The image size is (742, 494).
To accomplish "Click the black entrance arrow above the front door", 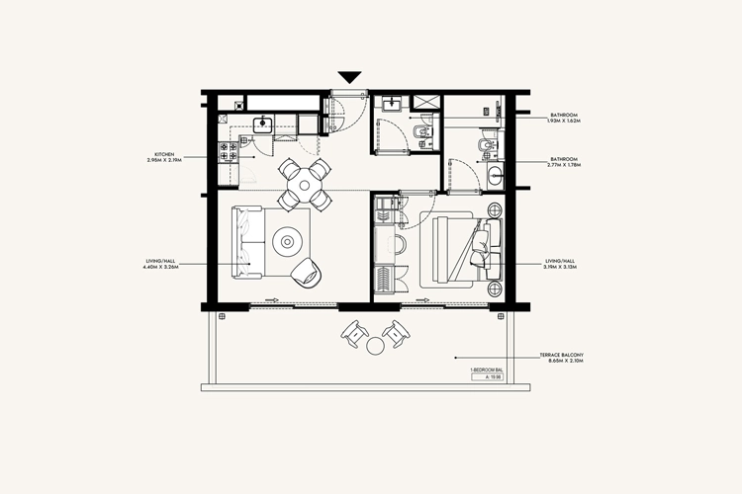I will [349, 77].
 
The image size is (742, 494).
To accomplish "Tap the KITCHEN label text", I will [164, 153].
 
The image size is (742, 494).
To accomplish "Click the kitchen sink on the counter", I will [263, 123].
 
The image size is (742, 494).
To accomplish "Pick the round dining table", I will [303, 182].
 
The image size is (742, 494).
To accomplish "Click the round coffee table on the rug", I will [289, 239].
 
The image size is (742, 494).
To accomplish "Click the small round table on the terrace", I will [375, 347].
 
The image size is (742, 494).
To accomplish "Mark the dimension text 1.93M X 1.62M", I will [568, 122].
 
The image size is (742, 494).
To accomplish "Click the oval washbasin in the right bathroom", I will [495, 177].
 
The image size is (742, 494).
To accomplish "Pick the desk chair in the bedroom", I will [400, 245].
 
